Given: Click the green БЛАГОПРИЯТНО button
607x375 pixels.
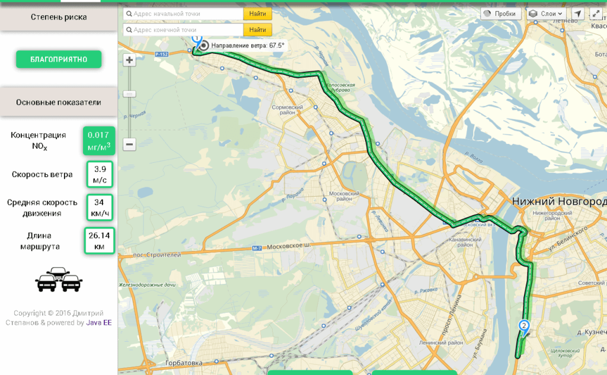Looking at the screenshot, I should (x=59, y=59).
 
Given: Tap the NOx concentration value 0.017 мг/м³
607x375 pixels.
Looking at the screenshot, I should (x=99, y=140).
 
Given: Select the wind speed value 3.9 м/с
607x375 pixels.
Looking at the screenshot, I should (x=100, y=174).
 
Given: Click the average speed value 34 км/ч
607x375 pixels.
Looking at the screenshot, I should (x=99, y=207).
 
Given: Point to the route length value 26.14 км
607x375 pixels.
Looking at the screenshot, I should (x=99, y=241).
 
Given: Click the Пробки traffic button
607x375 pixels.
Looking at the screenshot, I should (x=501, y=14).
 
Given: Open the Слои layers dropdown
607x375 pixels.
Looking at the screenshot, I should (x=546, y=14).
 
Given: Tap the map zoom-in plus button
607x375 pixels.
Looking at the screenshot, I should (x=129, y=60).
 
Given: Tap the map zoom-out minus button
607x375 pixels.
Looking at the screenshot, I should (x=129, y=144).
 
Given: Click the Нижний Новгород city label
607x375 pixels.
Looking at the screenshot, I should (x=559, y=201).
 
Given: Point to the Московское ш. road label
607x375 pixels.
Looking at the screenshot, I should (x=289, y=246).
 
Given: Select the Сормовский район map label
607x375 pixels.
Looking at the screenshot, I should (x=287, y=110).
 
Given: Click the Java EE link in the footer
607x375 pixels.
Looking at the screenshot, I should (x=99, y=323).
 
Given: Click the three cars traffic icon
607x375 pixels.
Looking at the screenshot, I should (x=59, y=280).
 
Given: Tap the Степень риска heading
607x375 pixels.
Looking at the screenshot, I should (x=59, y=17).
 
